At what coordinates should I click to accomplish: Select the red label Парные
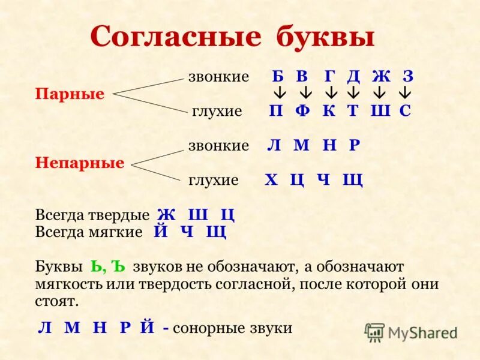click(x=70, y=94)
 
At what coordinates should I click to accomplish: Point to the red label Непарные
click(x=80, y=163)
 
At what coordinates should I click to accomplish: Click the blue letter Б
click(x=277, y=77)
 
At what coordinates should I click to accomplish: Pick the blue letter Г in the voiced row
click(x=329, y=77)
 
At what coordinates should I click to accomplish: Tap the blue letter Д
click(x=353, y=77)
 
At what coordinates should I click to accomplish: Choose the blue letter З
click(x=408, y=77)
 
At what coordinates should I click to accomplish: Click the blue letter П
click(x=276, y=111)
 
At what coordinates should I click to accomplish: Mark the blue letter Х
click(x=272, y=179)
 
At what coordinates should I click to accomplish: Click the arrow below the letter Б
click(x=279, y=94)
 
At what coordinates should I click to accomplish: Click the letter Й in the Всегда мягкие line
click(x=160, y=232)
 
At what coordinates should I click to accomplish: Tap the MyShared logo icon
click(x=375, y=332)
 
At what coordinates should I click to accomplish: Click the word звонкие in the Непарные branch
click(x=218, y=146)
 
